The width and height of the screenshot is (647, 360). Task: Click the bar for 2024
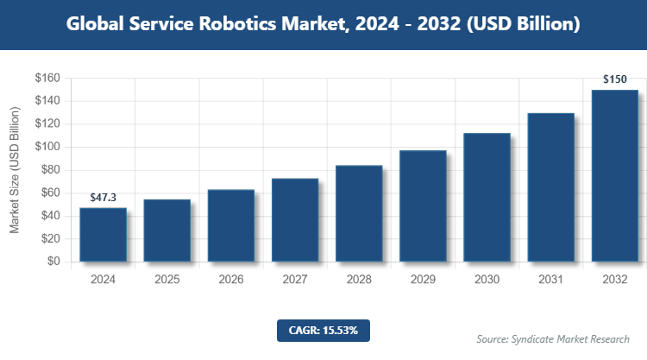coord(103,235)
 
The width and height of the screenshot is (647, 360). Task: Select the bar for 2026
coord(231,225)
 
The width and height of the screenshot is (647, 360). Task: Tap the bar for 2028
coord(359,213)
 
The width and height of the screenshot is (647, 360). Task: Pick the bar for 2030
coord(487,197)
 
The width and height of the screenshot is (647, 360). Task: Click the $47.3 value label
coord(103,199)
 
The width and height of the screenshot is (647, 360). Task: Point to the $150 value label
coord(615,80)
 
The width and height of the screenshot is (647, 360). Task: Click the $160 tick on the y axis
coord(47,78)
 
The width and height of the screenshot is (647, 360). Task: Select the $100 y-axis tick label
coord(47,147)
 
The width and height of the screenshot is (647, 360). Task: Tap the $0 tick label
coord(53,262)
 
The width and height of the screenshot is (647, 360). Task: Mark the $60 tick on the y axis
coord(49,193)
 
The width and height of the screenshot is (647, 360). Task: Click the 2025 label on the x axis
coord(166,280)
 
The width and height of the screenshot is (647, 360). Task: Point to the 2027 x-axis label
coord(295,280)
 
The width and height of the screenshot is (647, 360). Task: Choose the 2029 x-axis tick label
coord(423,280)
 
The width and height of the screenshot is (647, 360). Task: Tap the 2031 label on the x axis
coord(551,280)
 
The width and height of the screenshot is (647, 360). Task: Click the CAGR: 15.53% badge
coord(323,330)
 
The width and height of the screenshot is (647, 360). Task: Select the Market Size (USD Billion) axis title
coord(15,170)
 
